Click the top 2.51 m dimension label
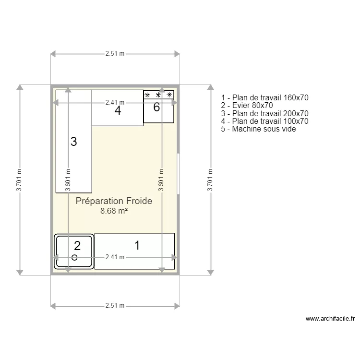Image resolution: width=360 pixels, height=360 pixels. [115, 54]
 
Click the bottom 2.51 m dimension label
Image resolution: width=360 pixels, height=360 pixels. [115, 305]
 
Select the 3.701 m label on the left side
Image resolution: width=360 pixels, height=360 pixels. [19, 180]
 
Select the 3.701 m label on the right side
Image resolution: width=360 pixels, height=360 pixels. [209, 180]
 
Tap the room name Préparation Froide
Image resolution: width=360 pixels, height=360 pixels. [114, 201]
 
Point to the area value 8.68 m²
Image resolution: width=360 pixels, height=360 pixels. [114, 211]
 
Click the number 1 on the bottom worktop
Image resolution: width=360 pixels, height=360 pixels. [137, 246]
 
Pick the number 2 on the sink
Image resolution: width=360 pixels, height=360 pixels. [77, 246]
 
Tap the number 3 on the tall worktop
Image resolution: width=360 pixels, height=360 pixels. [73, 142]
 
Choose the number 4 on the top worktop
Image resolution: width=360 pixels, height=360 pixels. [118, 111]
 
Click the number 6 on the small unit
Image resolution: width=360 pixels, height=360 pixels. [156, 108]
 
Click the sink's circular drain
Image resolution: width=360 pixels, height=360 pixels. [74, 258]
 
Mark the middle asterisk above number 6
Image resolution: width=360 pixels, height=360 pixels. [158, 95]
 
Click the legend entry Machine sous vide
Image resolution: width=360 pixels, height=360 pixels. [259, 129]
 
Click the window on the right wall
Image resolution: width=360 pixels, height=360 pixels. [178, 173]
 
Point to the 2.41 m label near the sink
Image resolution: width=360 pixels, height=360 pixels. [115, 257]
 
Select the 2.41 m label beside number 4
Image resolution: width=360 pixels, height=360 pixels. [115, 102]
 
